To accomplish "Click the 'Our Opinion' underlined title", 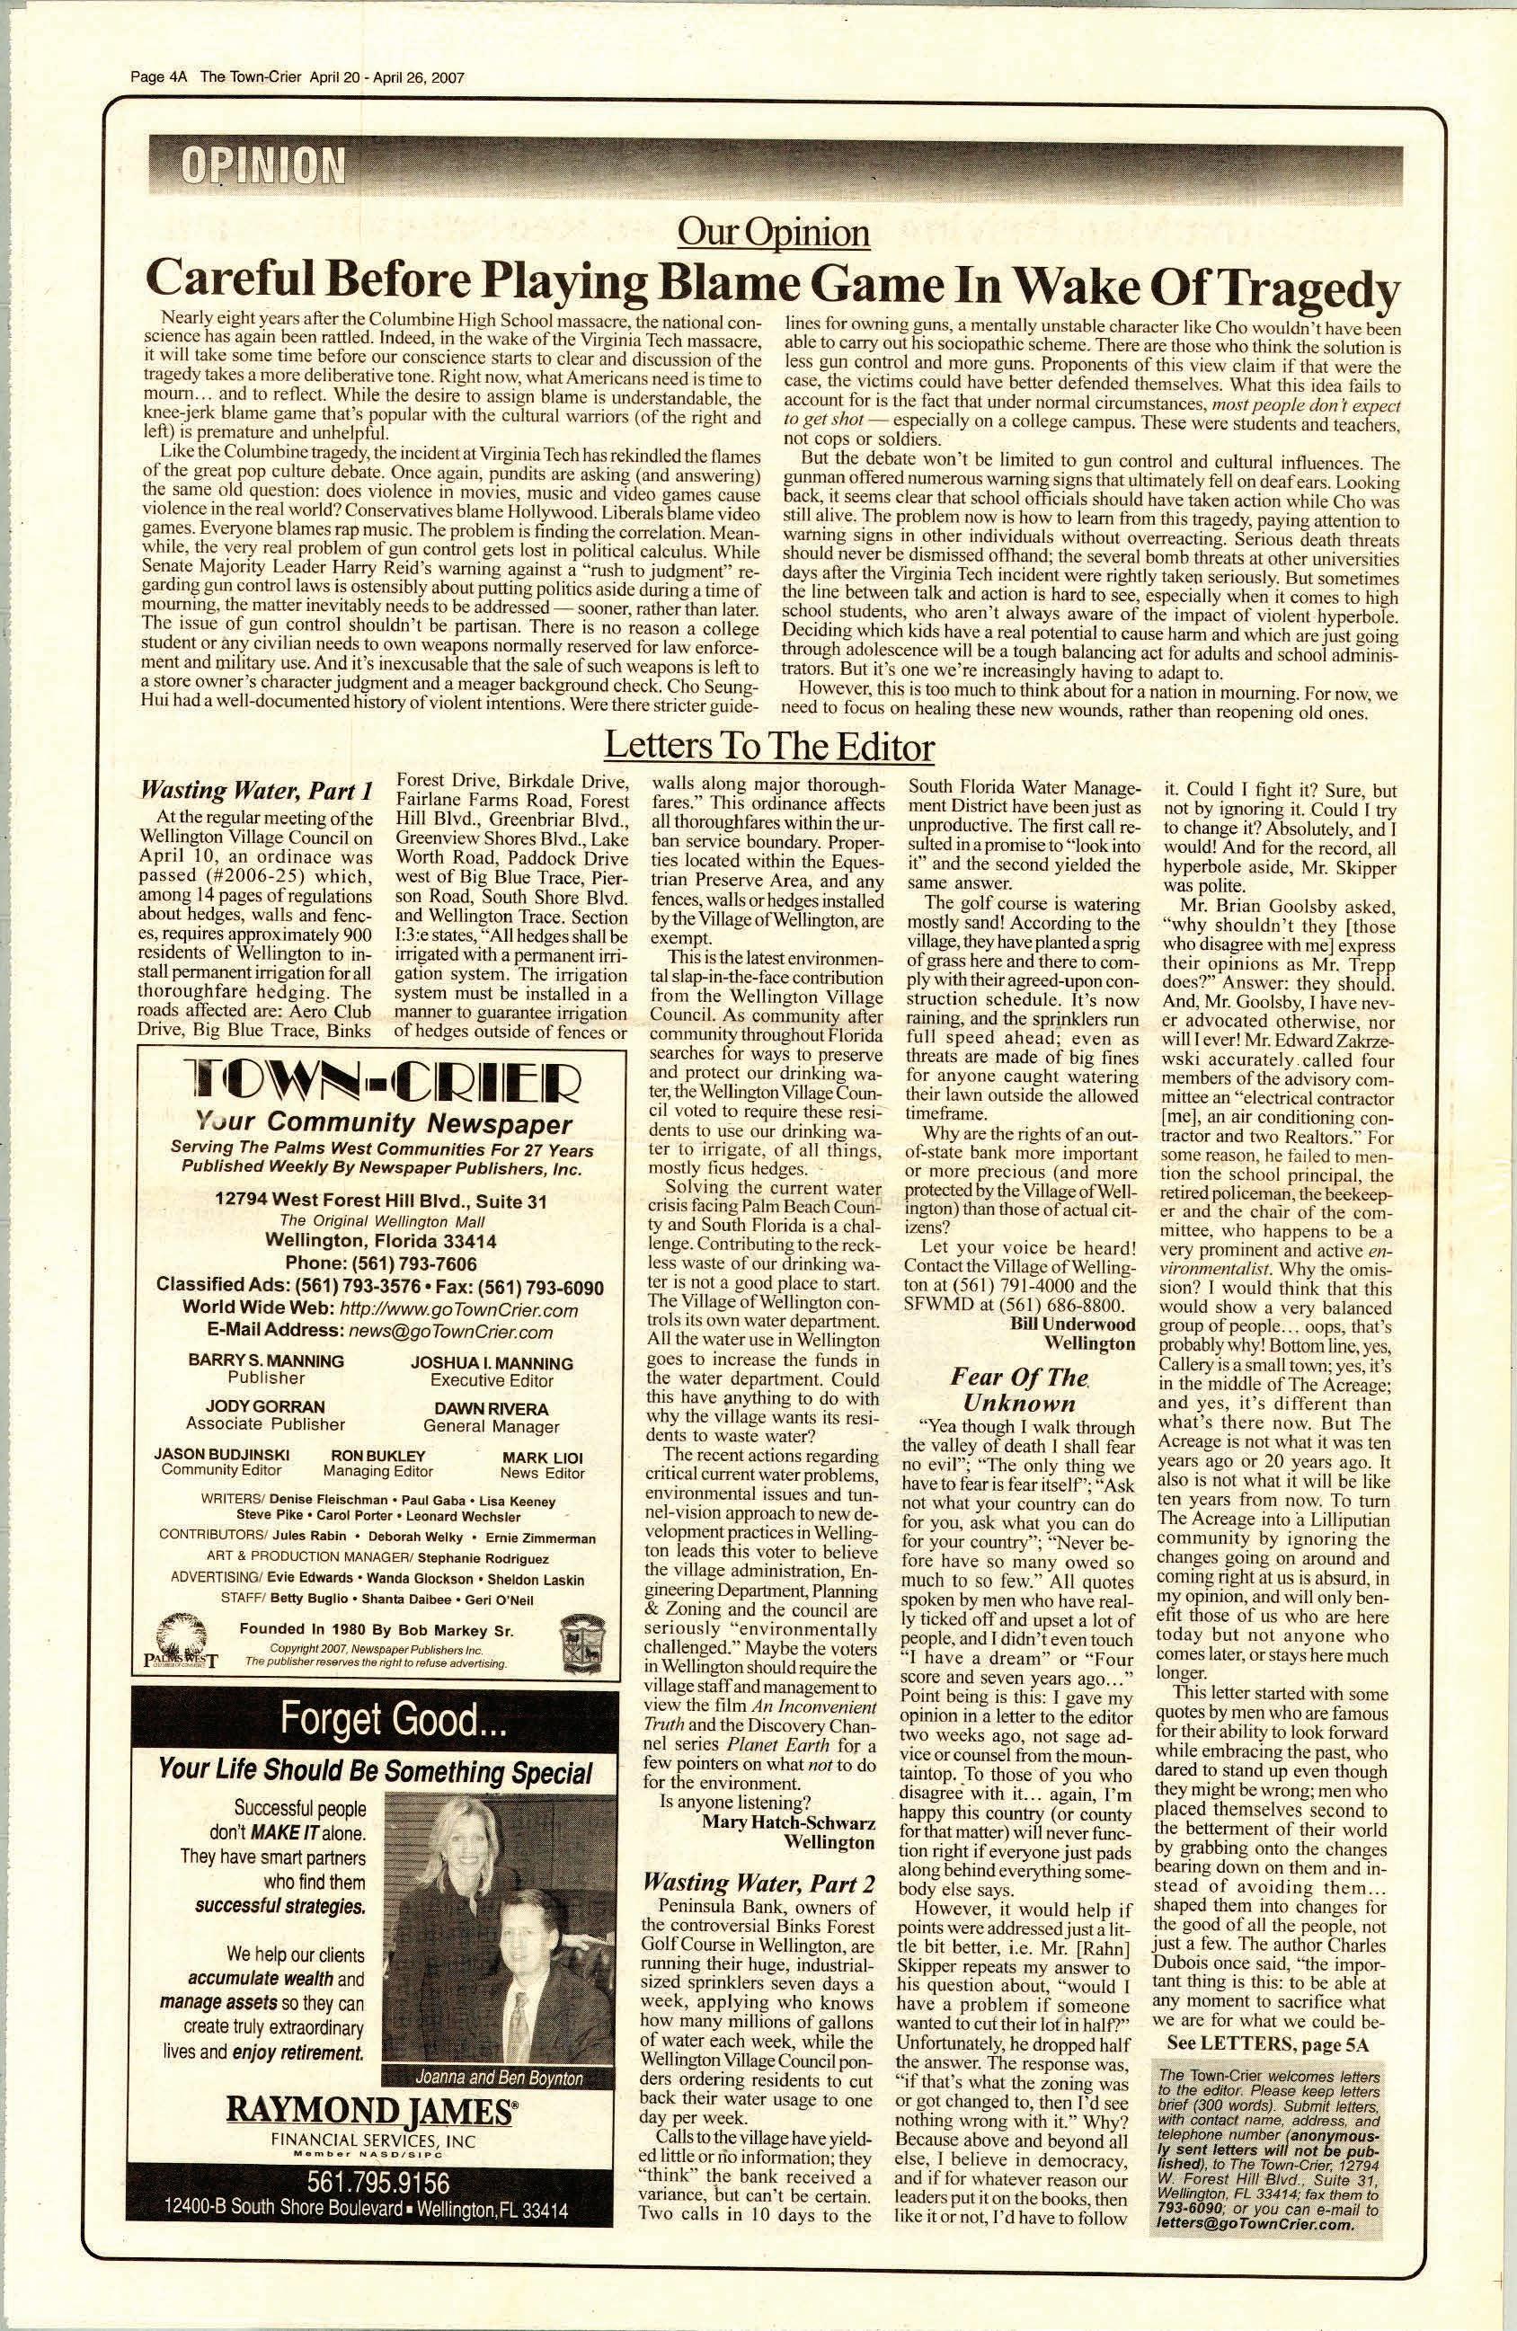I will pos(773,232).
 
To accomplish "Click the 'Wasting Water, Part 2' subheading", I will pos(757,1883).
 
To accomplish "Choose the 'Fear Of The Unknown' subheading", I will pos(1018,1391).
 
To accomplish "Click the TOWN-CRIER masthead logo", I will pos(380,1081).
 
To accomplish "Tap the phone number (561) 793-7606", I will pos(381,1263).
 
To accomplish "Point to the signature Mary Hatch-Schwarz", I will pos(788,1822).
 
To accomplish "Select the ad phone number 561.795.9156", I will pos(377,2181).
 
